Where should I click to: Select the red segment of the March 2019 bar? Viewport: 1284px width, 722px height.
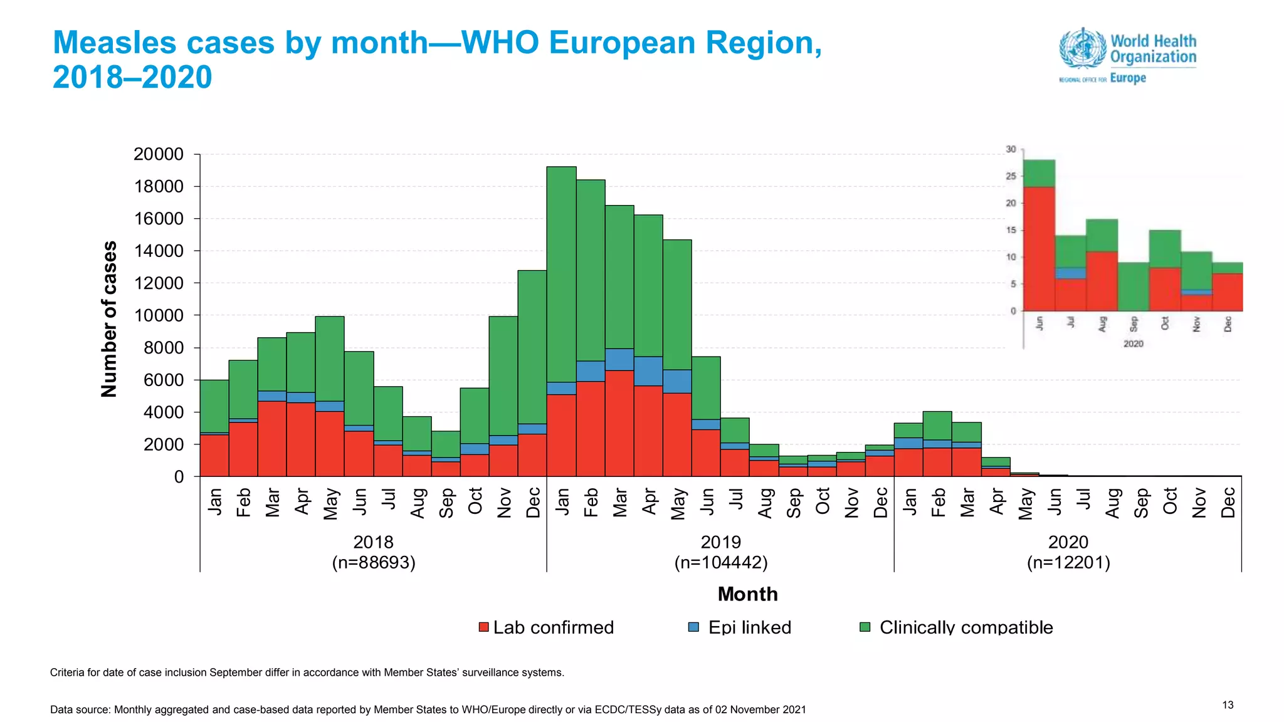coord(619,423)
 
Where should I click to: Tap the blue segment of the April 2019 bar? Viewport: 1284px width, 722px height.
coord(648,371)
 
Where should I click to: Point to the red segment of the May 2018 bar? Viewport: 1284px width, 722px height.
coord(330,443)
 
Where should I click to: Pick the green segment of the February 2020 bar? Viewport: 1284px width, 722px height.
coord(937,425)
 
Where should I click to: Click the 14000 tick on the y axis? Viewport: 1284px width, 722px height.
coord(159,251)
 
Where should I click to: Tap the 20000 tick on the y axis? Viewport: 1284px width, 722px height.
coord(159,154)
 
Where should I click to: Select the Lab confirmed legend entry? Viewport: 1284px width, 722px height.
coord(546,627)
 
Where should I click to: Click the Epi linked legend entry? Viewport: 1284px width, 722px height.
coord(740,627)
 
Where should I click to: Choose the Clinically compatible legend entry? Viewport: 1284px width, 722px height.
coord(957,627)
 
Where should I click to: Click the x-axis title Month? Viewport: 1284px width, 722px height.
coord(747,594)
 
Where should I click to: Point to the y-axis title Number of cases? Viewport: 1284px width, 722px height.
coord(109,319)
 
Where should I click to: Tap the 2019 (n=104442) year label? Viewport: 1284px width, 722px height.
coord(721,552)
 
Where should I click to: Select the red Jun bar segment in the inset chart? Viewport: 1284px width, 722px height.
coord(1039,248)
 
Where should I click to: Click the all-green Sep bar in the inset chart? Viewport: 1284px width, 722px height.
coord(1134,286)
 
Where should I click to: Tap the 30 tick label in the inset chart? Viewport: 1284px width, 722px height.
coord(1011,149)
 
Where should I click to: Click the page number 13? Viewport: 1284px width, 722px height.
coord(1228,705)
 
